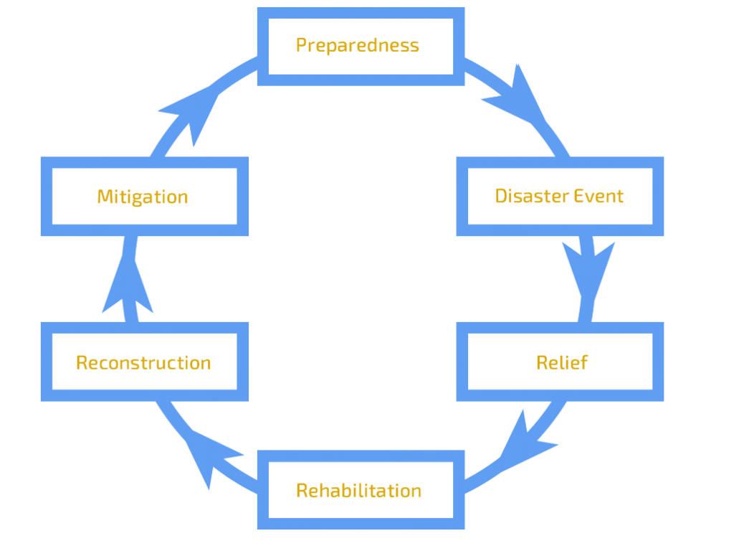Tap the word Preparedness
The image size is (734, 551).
[357, 44]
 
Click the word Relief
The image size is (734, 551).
[562, 362]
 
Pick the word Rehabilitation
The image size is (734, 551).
[358, 491]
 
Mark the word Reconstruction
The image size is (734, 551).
[143, 362]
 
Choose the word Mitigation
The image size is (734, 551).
[143, 197]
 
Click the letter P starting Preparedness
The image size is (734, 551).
[301, 44]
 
